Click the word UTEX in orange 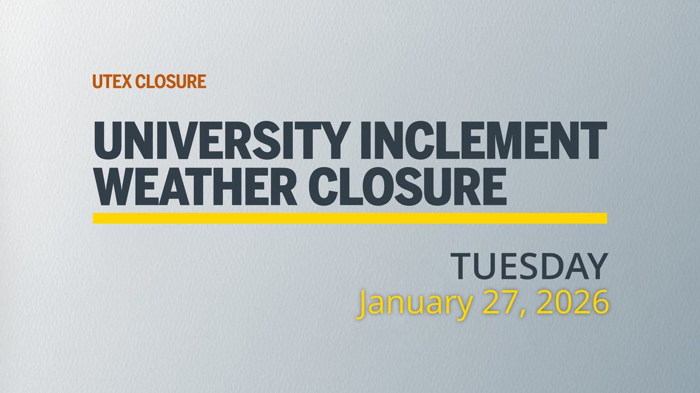click(112, 82)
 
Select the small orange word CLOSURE click(170, 82)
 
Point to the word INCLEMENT click(483, 141)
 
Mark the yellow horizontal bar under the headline click(350, 218)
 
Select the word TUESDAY click(530, 267)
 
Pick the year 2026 click(573, 302)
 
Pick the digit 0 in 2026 click(563, 302)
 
